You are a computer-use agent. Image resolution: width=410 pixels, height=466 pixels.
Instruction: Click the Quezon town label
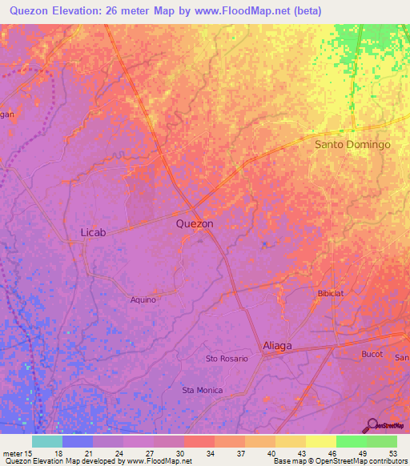(195, 224)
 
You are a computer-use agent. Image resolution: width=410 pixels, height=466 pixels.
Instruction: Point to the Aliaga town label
(277, 346)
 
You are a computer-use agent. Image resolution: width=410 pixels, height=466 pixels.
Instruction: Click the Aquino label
(143, 299)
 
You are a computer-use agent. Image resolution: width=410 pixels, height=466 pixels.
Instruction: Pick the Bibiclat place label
(331, 294)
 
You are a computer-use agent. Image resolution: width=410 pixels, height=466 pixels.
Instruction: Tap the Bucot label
(373, 353)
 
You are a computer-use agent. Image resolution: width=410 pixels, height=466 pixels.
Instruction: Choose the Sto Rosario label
(227, 359)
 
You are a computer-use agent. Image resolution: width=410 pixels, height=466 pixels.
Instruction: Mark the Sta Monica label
(203, 390)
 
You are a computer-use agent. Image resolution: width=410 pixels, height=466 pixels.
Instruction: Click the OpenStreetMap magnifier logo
(372, 424)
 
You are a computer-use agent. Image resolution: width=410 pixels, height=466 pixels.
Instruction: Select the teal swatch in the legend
(46, 441)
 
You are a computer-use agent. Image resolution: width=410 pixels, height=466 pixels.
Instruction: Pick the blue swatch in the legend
(77, 441)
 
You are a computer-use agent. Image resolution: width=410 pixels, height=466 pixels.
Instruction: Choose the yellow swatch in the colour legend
(320, 441)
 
